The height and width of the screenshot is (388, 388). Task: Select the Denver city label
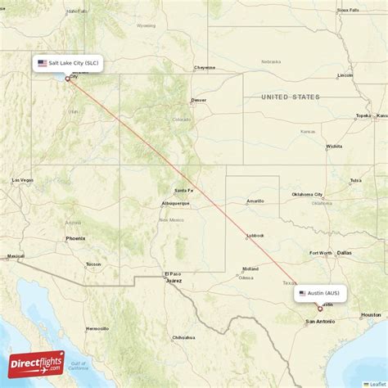coord(199,101)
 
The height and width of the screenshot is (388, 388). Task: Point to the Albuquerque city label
coord(175,203)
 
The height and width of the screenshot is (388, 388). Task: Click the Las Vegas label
coord(22,180)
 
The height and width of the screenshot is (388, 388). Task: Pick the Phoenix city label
coord(75,238)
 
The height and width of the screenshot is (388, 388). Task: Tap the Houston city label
coord(371,314)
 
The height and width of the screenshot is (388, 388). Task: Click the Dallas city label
coord(344,253)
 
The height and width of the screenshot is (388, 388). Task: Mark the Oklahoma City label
coord(307,195)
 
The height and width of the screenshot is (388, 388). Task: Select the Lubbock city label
coord(256,236)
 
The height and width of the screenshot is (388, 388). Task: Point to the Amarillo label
coord(256,201)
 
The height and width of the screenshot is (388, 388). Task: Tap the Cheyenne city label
coord(205,68)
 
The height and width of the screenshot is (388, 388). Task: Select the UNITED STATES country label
coord(291,97)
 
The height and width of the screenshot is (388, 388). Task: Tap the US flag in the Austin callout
coord(302,293)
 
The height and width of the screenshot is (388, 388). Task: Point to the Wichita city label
coord(334,147)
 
